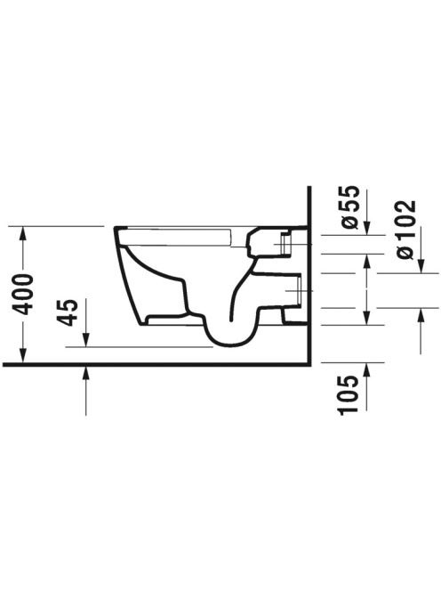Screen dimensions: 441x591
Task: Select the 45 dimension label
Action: click(68, 312)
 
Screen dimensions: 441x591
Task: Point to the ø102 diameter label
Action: click(406, 230)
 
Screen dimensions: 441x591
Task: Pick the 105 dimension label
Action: click(347, 395)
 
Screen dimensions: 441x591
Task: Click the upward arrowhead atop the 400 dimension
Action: click(23, 234)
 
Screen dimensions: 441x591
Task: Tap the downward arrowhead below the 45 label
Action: click(86, 339)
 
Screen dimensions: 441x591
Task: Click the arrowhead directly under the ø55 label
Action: click(366, 227)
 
